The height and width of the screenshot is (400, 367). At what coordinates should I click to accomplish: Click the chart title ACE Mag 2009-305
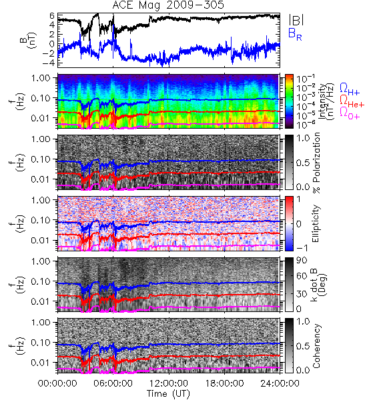click(x=168, y=5)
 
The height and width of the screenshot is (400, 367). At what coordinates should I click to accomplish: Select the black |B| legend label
click(x=296, y=19)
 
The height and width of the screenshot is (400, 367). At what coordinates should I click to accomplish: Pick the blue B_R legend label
click(x=295, y=34)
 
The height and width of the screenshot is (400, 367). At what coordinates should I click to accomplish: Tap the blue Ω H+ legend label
click(x=350, y=89)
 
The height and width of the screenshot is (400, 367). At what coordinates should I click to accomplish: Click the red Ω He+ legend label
click(x=352, y=101)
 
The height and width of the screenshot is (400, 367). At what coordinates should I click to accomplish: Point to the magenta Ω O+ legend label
click(x=350, y=113)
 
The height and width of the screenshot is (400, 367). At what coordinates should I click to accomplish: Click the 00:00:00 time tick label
click(x=57, y=383)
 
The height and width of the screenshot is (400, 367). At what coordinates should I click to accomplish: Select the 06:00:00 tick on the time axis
click(x=113, y=383)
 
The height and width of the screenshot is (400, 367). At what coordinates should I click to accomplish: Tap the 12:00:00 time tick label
click(x=169, y=383)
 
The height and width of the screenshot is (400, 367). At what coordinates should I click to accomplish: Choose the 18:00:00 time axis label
click(x=224, y=383)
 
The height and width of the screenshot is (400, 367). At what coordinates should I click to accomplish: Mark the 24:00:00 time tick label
click(x=280, y=383)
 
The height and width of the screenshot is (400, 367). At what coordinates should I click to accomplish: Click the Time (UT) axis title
click(x=169, y=394)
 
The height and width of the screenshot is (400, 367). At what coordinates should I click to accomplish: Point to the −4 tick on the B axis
click(x=49, y=63)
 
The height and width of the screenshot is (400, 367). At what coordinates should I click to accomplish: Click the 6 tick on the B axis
click(x=52, y=15)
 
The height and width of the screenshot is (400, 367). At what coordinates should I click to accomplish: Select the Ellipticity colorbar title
click(x=316, y=223)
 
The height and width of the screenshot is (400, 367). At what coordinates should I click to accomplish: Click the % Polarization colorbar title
click(x=316, y=163)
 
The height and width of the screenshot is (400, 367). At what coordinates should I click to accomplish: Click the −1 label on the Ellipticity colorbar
click(x=302, y=247)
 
